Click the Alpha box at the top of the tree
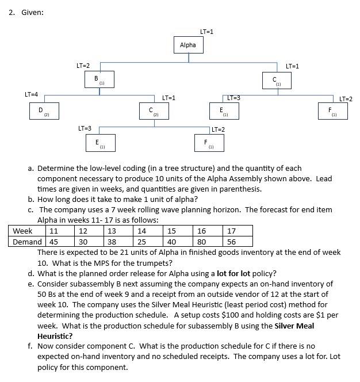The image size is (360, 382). point(187,45)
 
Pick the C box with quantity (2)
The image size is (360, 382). point(153,110)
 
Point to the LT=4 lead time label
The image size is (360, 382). point(31,94)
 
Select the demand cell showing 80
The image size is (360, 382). point(201,242)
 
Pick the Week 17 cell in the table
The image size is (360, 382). point(232,231)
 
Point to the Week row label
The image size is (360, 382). point(22,231)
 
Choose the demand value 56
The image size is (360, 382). point(232,242)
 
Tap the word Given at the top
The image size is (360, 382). point(32,13)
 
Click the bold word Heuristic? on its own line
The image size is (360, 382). point(55,336)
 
